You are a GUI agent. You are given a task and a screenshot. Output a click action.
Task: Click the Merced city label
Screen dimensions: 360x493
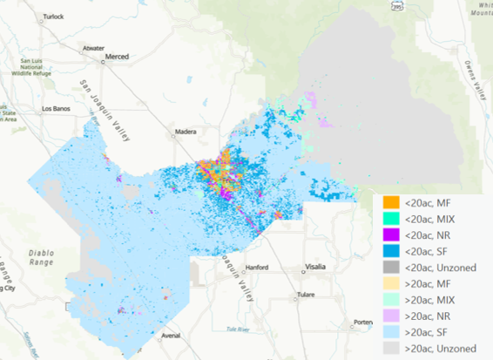(x=117, y=58)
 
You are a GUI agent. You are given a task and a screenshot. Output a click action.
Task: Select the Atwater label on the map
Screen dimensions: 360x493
(x=93, y=48)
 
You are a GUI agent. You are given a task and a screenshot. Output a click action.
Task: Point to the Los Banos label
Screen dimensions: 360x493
(x=58, y=109)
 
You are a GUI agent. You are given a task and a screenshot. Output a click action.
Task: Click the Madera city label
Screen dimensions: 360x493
(x=186, y=132)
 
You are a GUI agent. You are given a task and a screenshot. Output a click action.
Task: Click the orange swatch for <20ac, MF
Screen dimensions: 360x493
(x=390, y=204)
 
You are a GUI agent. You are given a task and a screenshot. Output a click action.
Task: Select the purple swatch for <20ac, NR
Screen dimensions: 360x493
(x=390, y=235)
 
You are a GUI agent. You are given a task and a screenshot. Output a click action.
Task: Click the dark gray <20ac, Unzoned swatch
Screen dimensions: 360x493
(x=390, y=267)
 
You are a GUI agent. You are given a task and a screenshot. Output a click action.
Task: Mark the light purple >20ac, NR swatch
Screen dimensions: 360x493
(x=390, y=315)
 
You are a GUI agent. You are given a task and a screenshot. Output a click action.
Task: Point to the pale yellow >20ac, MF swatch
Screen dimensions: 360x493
(x=390, y=283)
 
